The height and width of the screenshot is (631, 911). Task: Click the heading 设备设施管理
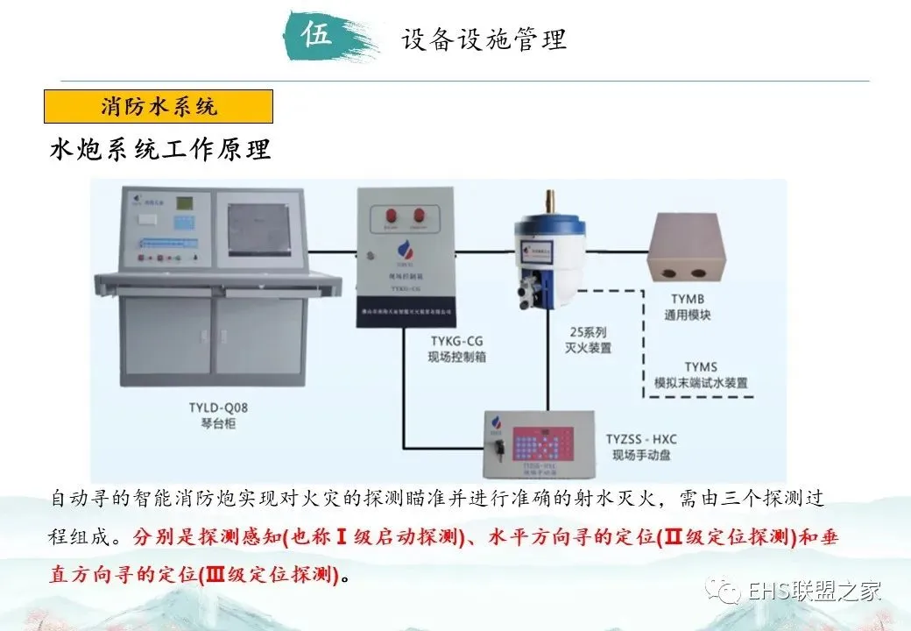pyautogui.click(x=484, y=39)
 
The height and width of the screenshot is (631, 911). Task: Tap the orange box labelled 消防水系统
pyautogui.click(x=159, y=107)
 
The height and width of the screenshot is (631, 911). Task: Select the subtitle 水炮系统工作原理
pyautogui.click(x=160, y=149)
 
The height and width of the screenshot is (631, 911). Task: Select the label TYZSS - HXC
pyautogui.click(x=647, y=438)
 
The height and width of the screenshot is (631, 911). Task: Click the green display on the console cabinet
pyautogui.click(x=185, y=203)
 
